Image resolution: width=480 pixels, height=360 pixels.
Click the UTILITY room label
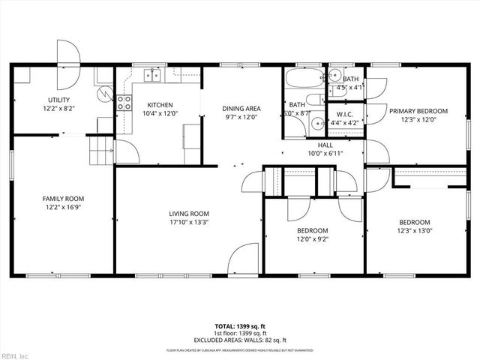(58, 99)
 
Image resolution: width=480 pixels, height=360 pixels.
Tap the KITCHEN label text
(160, 104)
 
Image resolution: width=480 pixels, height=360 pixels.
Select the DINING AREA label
(241, 108)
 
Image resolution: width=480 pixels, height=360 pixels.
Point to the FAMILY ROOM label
(63, 199)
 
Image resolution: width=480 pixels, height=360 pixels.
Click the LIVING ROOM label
(188, 213)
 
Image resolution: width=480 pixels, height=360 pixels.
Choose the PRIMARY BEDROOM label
(418, 110)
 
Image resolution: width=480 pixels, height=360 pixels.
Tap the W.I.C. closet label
(346, 115)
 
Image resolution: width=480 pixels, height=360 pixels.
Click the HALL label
(325, 145)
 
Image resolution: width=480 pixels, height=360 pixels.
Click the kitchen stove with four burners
(123, 103)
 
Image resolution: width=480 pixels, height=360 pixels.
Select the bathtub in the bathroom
(303, 79)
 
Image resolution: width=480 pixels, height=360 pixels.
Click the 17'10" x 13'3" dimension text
(188, 222)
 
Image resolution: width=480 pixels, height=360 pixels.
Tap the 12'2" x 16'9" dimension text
(63, 208)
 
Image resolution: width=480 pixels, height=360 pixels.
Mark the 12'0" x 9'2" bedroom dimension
(312, 239)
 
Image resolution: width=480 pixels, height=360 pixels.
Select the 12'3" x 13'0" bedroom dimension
(414, 231)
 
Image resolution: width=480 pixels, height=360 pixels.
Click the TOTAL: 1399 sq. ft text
(240, 326)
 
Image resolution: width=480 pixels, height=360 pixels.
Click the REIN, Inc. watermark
(15, 355)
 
